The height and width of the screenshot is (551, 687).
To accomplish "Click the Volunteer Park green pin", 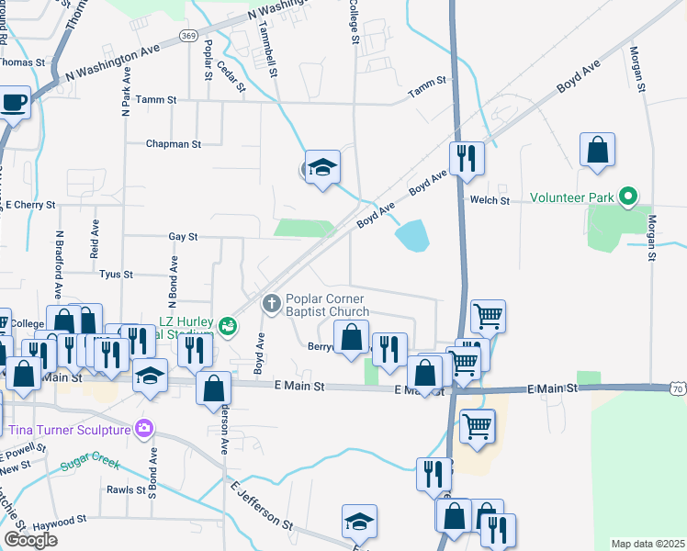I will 628,197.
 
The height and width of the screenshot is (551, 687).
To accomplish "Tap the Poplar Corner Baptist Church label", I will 327,305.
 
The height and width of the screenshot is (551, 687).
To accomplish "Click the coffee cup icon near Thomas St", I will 14,102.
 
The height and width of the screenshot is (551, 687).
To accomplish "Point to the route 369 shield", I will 187,35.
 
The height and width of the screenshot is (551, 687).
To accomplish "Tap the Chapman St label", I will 173,144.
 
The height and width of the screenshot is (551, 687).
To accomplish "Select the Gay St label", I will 183,236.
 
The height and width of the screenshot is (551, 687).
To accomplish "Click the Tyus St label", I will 116,274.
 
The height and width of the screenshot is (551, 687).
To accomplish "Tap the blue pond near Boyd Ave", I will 412,236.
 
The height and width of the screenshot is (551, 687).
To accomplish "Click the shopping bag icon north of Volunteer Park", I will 597,149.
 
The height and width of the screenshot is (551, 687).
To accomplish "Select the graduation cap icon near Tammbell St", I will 322,166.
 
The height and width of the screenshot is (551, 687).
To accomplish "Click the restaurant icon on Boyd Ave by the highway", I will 467,159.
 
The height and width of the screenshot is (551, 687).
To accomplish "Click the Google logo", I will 30,540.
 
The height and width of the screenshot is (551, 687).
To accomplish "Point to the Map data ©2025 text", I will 648,544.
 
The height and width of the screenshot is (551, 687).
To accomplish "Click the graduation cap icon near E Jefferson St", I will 359,521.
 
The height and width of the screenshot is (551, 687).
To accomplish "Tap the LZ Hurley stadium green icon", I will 229,324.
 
